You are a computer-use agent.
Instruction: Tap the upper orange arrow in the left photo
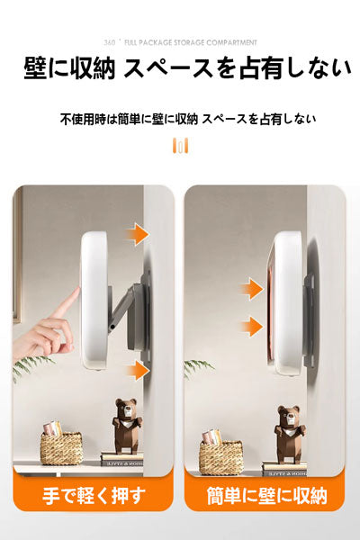click(x=137, y=235)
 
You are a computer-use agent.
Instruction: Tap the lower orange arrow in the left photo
click(x=137, y=369)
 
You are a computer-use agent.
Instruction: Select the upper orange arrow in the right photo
click(x=251, y=289)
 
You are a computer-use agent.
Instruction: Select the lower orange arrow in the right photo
click(x=251, y=326)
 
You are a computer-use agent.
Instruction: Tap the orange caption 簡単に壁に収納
click(x=266, y=495)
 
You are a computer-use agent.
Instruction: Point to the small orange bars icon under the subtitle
click(x=180, y=146)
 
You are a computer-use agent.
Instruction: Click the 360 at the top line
click(x=110, y=42)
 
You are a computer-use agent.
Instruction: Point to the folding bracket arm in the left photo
click(x=124, y=307)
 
